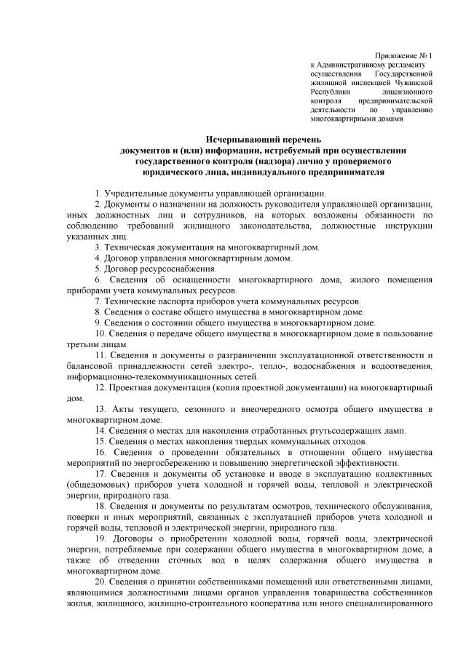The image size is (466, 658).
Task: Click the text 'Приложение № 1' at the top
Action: pyautogui.click(x=403, y=56)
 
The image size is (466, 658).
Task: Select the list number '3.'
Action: pyautogui.click(x=98, y=247)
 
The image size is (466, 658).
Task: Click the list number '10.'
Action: pyautogui.click(x=100, y=333)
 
